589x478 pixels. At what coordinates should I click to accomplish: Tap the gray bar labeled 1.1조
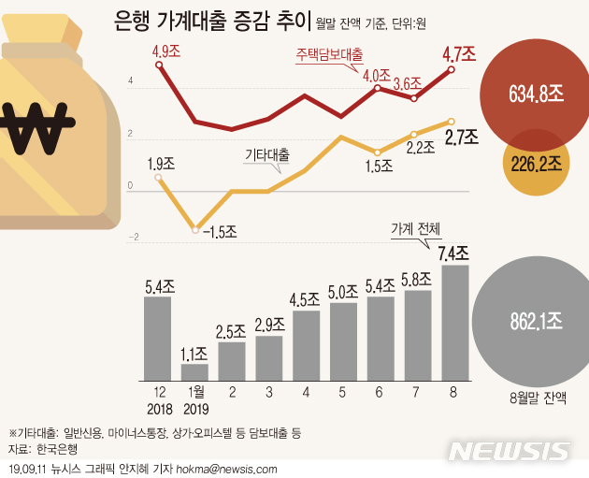194,370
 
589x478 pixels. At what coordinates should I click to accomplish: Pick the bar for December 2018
157,337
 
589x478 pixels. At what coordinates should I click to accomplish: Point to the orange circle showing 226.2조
537,165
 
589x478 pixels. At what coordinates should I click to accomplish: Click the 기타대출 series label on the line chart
266,153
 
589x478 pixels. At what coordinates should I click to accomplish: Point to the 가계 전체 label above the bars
413,227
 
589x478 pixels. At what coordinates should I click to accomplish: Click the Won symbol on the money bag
36,121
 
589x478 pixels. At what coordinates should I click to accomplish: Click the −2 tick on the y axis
132,238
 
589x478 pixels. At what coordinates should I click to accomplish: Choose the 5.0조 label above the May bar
342,291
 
